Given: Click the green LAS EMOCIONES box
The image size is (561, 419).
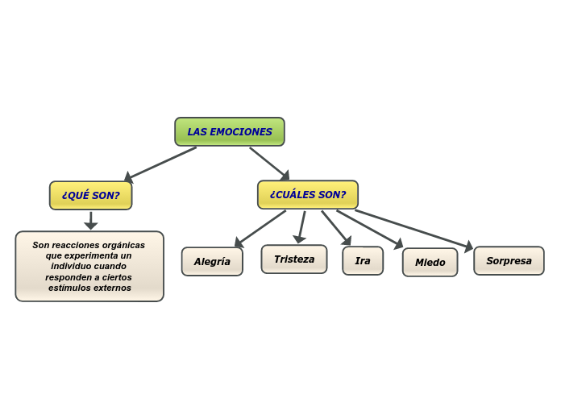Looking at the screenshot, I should tap(230, 131).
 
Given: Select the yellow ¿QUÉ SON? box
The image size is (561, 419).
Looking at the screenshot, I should tap(90, 195).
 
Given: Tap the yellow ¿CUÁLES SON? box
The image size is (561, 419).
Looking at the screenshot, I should tap(307, 194).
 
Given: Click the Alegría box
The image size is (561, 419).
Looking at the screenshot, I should tap(212, 261).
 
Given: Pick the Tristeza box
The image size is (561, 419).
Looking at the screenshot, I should tap(293, 259).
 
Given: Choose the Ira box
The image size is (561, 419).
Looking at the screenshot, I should tap(363, 260).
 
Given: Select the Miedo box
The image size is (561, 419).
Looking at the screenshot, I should tap(430, 262).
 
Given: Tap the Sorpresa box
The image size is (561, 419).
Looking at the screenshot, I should tap(509, 260).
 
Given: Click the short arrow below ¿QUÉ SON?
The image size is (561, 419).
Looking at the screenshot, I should tap(91, 220).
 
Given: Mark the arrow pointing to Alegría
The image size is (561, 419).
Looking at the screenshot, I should tap(260, 229).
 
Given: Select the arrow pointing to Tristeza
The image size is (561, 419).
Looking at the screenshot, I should tap(301, 226).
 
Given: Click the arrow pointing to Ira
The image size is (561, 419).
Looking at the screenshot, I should tap(336, 228).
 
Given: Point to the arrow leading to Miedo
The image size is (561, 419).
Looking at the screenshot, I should tap(369, 229).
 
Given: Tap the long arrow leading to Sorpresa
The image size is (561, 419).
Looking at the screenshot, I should tap(413, 229).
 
